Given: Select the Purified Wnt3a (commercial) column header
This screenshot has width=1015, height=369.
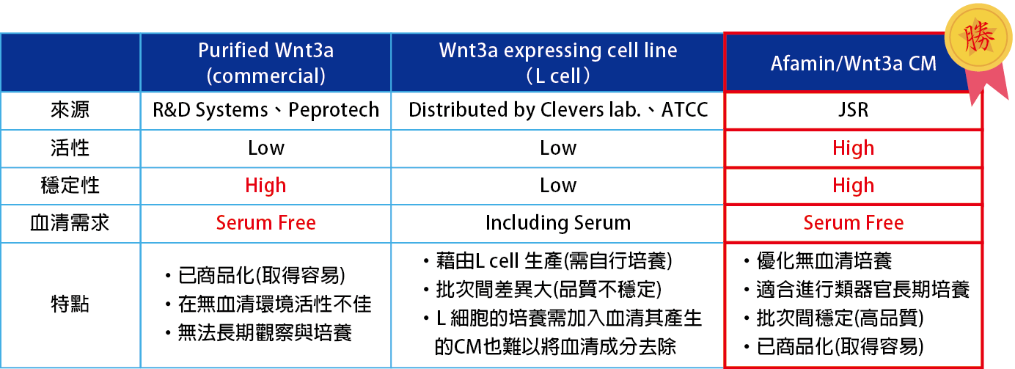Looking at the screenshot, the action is pyautogui.click(x=266, y=63).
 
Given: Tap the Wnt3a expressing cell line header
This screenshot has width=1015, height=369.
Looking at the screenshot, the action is pyautogui.click(x=558, y=63).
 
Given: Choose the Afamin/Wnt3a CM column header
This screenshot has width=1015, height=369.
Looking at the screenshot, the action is pyautogui.click(x=854, y=64).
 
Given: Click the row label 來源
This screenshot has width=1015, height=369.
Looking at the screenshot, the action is pyautogui.click(x=70, y=110).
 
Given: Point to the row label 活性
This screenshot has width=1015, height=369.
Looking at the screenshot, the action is pyautogui.click(x=70, y=148).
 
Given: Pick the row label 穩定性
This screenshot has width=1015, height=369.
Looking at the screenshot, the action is pyautogui.click(x=70, y=186).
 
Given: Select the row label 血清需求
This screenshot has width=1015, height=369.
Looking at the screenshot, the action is pyautogui.click(x=70, y=223).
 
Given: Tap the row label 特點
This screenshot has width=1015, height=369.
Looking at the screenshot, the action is pyautogui.click(x=70, y=304).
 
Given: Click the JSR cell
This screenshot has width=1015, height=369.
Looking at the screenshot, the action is pyautogui.click(x=853, y=110).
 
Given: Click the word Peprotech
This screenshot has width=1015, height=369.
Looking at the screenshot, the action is pyautogui.click(x=334, y=110).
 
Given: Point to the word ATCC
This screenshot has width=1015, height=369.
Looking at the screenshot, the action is pyautogui.click(x=685, y=110).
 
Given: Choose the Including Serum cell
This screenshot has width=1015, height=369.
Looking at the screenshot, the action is pyautogui.click(x=558, y=223).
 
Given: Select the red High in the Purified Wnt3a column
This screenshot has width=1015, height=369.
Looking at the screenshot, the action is pyautogui.click(x=265, y=186).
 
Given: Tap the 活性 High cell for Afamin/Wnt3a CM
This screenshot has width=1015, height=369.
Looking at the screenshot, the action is pyautogui.click(x=853, y=148).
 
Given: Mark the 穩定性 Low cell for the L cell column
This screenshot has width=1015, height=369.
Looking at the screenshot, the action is pyautogui.click(x=558, y=186).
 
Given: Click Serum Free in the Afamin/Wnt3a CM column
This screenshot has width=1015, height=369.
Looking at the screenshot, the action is pyautogui.click(x=853, y=223).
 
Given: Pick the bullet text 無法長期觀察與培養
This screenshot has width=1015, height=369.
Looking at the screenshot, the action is pyautogui.click(x=265, y=333).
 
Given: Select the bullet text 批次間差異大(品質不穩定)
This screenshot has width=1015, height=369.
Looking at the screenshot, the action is pyautogui.click(x=549, y=290).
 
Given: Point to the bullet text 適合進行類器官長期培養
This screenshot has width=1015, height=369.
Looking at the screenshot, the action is pyautogui.click(x=862, y=290).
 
